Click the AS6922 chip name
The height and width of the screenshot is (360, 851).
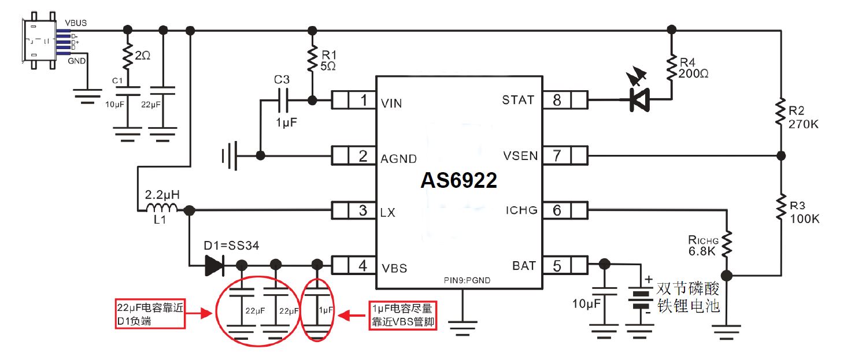pos(458,181)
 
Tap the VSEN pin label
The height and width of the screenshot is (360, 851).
pos(520,155)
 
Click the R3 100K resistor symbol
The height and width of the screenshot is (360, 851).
pos(781,205)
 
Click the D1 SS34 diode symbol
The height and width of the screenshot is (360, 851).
pos(214,265)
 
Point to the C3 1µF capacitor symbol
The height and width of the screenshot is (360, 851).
pos(283,101)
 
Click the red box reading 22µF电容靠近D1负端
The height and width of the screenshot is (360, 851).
pos(150,314)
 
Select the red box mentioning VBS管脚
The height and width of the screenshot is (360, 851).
pos(402,315)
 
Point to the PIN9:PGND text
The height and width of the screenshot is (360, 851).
pos(460,281)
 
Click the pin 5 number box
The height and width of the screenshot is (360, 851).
pos(557,265)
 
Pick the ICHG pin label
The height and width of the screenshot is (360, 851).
pos(520,210)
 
